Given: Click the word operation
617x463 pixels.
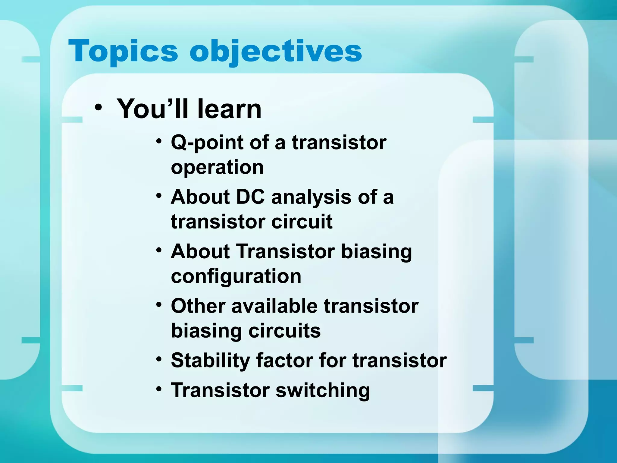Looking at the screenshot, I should [217, 167].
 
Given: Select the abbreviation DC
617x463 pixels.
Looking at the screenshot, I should [250, 197].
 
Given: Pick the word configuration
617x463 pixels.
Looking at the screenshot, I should [236, 276].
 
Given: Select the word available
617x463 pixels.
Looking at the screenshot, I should [274, 306].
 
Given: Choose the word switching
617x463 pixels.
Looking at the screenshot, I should [323, 391].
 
